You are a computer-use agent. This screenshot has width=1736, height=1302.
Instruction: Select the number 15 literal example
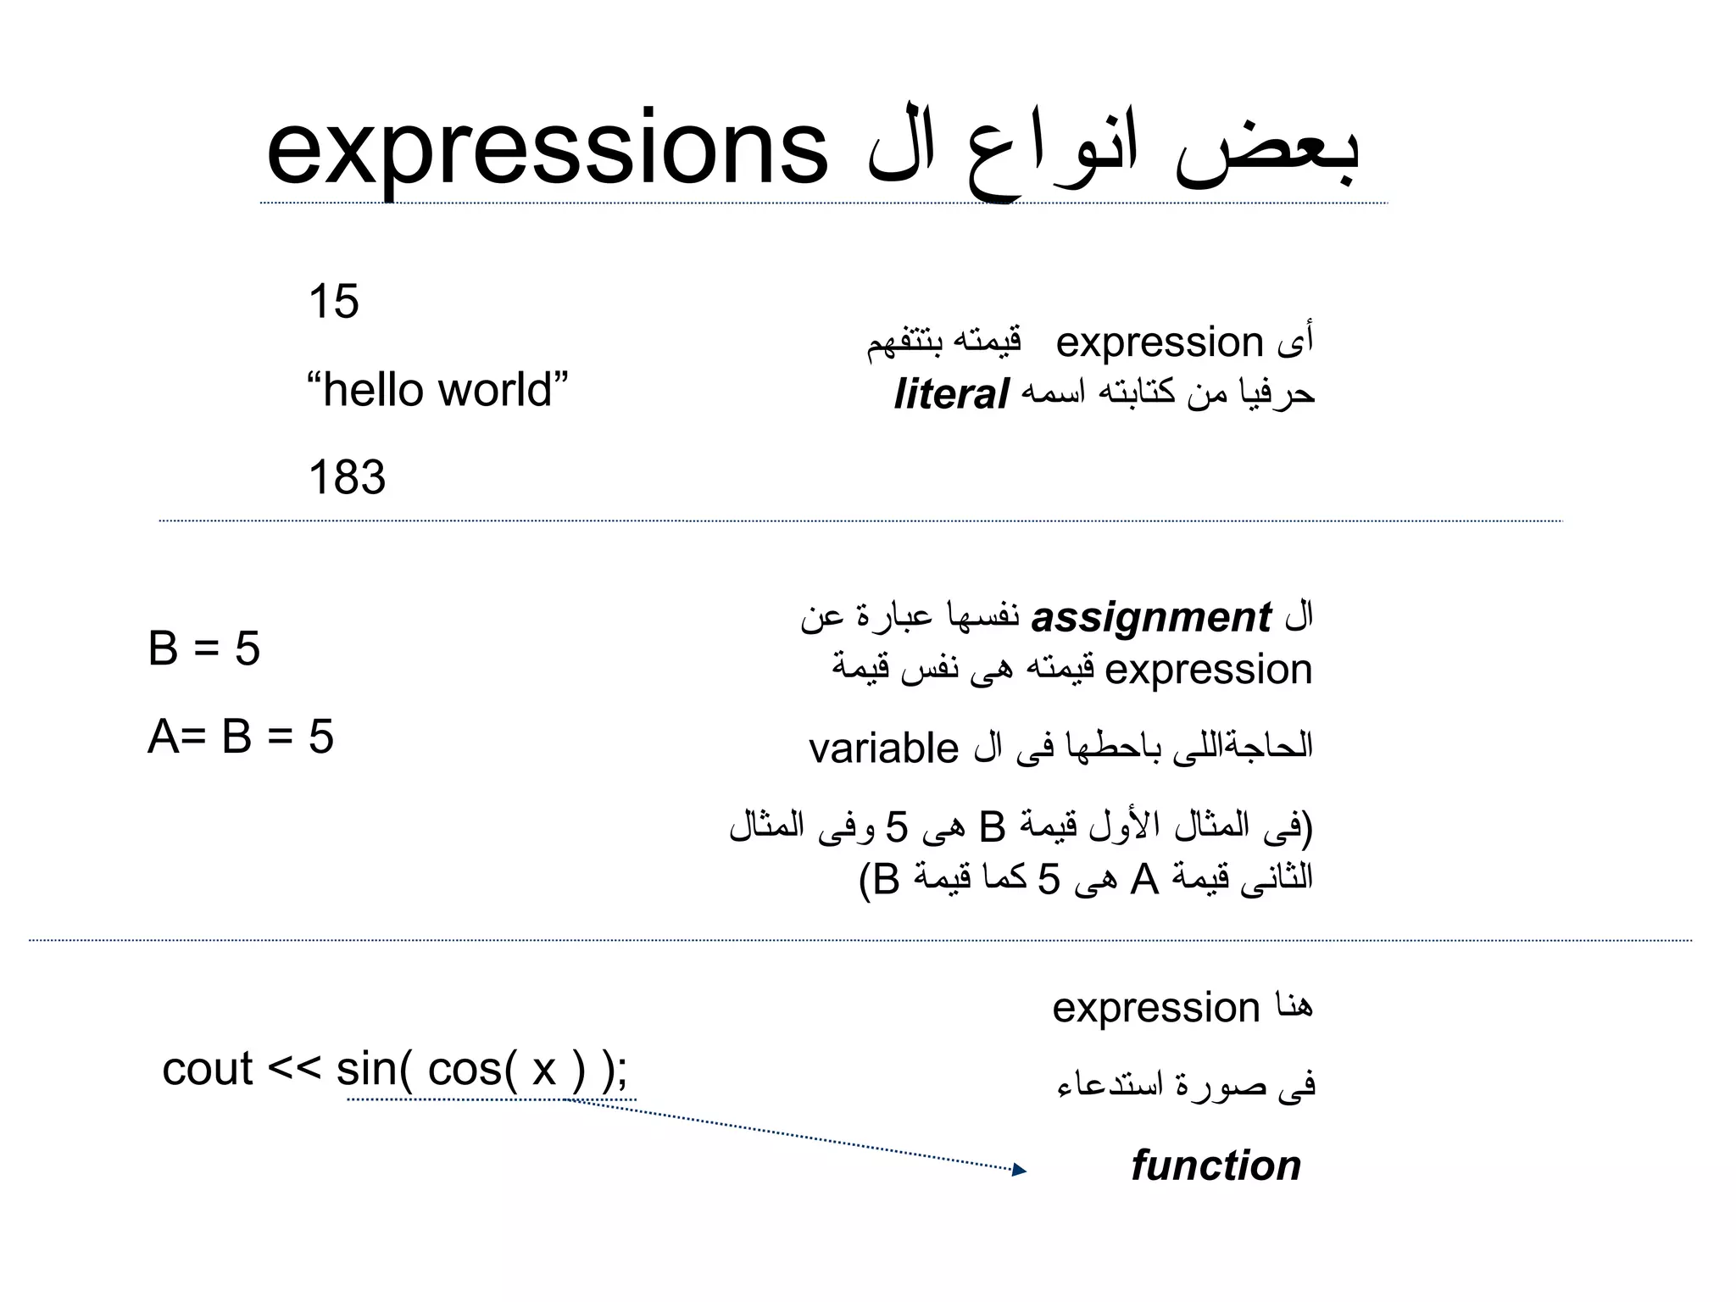pyautogui.click(x=333, y=302)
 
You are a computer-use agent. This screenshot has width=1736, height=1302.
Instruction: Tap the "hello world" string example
pyautogui.click(x=437, y=390)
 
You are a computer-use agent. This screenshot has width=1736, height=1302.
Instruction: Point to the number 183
pyautogui.click(x=347, y=477)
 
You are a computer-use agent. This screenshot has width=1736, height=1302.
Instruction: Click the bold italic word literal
pyautogui.click(x=951, y=395)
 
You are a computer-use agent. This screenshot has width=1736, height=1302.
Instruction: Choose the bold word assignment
pyautogui.click(x=1151, y=618)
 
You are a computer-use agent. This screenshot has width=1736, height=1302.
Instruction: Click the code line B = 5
pyautogui.click(x=203, y=649)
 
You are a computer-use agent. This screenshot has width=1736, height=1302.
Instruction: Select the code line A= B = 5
pyautogui.click(x=241, y=737)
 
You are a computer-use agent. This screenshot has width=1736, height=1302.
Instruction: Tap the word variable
pyautogui.click(x=883, y=748)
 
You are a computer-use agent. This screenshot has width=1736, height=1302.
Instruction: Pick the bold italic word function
pyautogui.click(x=1216, y=1166)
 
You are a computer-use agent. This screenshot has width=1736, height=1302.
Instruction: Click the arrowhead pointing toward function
pyautogui.click(x=1020, y=1171)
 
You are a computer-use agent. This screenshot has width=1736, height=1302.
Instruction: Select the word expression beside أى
pyautogui.click(x=1160, y=343)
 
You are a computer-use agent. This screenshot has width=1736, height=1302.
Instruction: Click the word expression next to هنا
pyautogui.click(x=1156, y=1009)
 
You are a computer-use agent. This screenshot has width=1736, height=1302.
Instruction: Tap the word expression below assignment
pyautogui.click(x=1209, y=670)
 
